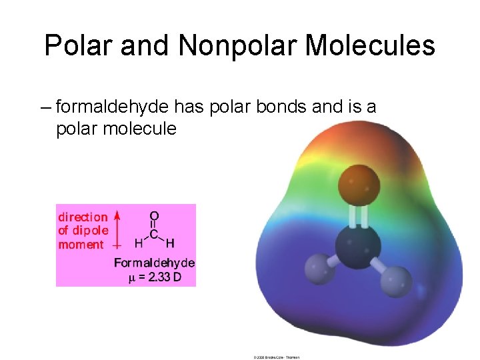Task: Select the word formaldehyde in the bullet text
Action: pyautogui.click(x=113, y=107)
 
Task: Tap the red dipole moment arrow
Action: pyautogui.click(x=117, y=229)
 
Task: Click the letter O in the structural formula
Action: pyautogui.click(x=154, y=217)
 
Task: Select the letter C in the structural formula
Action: pyautogui.click(x=154, y=234)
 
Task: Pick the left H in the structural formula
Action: pyautogui.click(x=139, y=243)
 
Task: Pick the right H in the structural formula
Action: pyautogui.click(x=170, y=243)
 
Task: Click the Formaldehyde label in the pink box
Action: pyautogui.click(x=155, y=263)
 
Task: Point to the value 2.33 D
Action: pyautogui.click(x=161, y=277)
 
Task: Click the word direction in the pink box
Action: pyautogui.click(x=83, y=217)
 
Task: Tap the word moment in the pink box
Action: pyautogui.click(x=81, y=245)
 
